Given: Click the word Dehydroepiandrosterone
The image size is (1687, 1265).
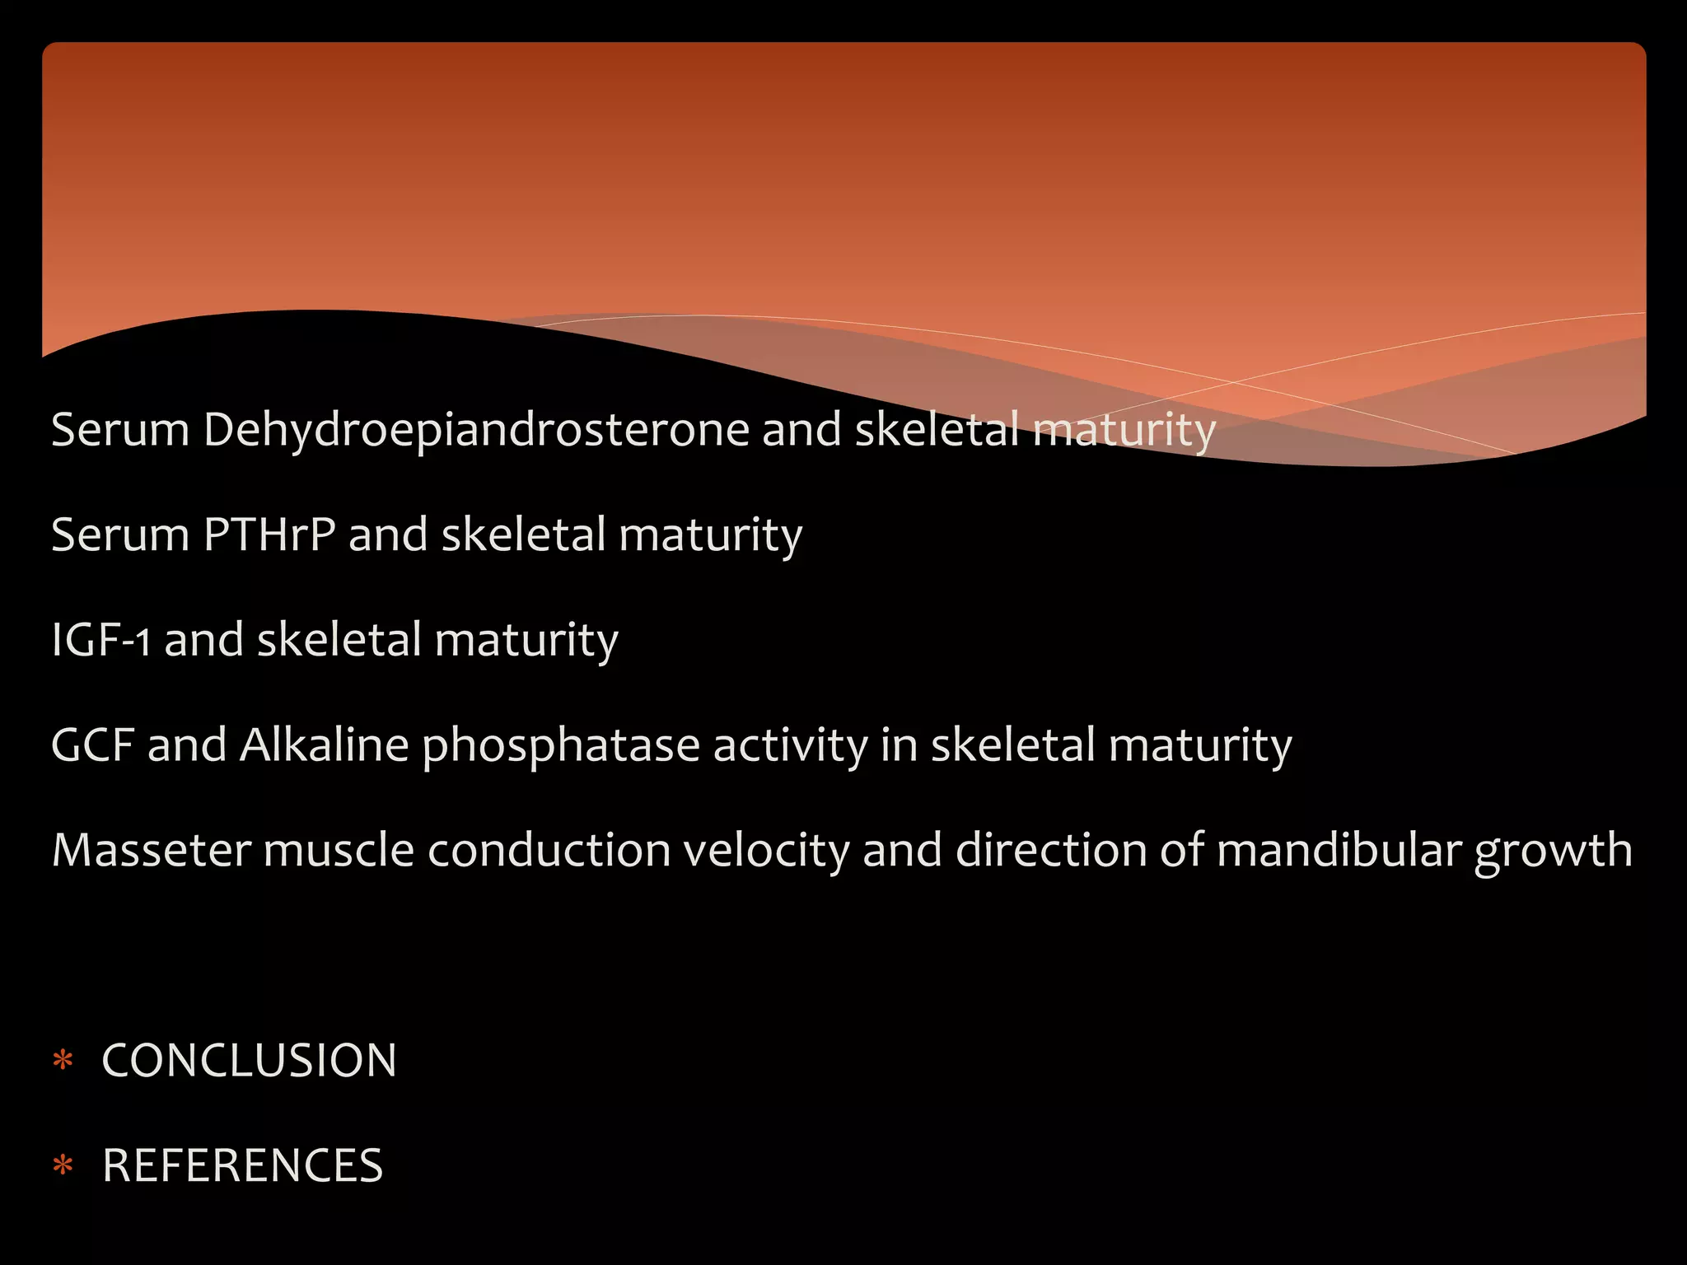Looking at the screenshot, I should [x=476, y=430].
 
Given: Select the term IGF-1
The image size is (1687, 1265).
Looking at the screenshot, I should [x=100, y=640].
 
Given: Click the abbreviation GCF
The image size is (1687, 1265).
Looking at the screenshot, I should [x=92, y=745].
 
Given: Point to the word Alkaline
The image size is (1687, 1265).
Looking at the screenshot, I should [x=324, y=745].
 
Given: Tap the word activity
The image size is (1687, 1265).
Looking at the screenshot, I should [x=790, y=746].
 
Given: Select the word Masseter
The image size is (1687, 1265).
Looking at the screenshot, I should [x=151, y=850].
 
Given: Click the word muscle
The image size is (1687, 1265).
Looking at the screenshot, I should [x=338, y=850].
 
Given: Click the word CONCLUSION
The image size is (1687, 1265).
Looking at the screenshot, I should [x=249, y=1060].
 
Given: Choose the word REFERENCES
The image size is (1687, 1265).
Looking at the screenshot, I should [x=242, y=1165].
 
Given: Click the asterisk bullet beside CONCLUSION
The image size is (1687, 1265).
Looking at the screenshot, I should [x=63, y=1060].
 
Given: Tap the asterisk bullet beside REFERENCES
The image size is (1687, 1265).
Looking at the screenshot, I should [x=63, y=1165].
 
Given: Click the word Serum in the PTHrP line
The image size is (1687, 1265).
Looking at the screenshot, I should [x=120, y=534].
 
